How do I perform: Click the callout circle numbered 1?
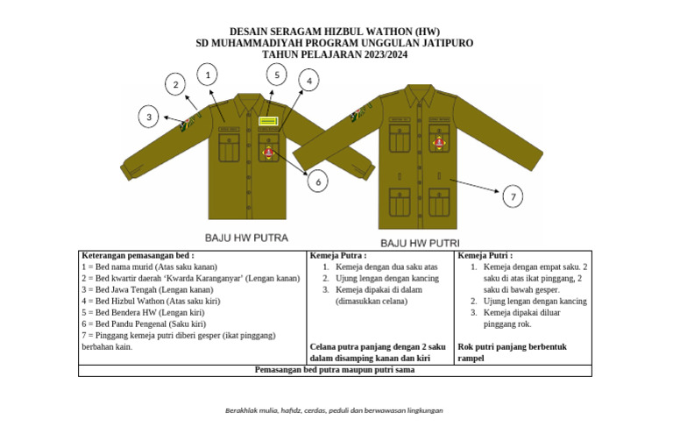tap(208, 75)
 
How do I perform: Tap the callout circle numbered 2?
tap(176, 84)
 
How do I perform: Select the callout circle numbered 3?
tap(150, 116)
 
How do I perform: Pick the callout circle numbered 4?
tap(308, 80)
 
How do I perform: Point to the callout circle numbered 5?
tap(276, 75)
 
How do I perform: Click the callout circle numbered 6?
tap(318, 181)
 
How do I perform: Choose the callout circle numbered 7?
tap(514, 196)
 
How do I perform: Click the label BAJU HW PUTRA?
tap(246, 238)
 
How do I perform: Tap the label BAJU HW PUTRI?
tap(420, 242)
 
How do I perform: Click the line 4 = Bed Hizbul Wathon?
tap(150, 301)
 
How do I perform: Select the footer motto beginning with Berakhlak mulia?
tap(334, 410)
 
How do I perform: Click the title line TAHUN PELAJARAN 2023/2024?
tap(334, 54)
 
